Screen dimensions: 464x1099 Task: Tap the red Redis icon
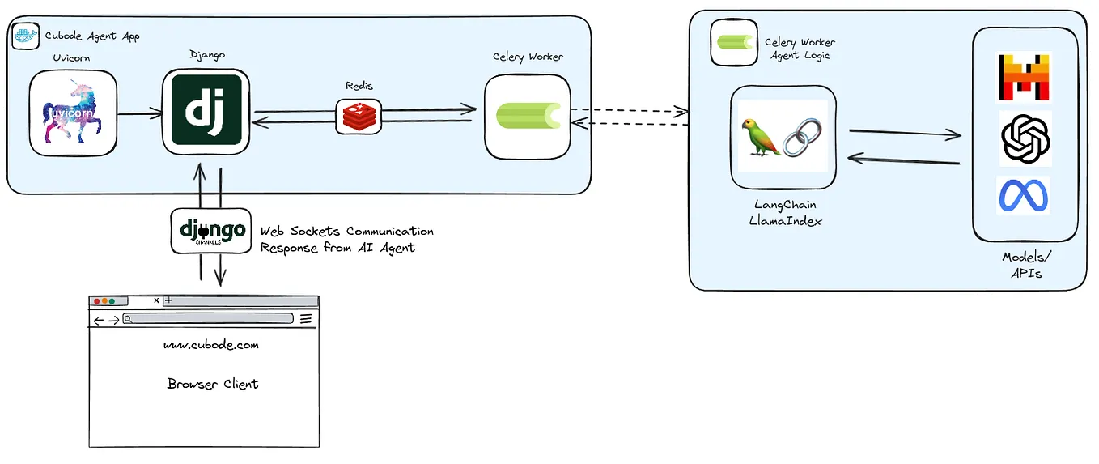(x=359, y=117)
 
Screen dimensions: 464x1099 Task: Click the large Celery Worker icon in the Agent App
(x=528, y=116)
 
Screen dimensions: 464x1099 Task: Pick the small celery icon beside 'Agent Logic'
(x=733, y=43)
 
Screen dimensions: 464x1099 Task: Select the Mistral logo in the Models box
(x=1025, y=78)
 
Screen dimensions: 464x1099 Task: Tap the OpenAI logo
(x=1025, y=138)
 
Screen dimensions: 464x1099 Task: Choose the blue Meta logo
(x=1025, y=196)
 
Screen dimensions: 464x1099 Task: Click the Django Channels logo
(x=212, y=232)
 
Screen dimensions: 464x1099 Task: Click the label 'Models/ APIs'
(x=1025, y=265)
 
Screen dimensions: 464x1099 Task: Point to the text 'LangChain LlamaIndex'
(x=785, y=212)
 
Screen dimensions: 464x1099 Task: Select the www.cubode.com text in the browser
(x=211, y=345)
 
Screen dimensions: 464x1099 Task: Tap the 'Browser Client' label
(x=213, y=384)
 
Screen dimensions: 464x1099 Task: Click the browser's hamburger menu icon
(x=306, y=319)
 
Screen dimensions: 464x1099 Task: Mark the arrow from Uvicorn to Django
(x=139, y=114)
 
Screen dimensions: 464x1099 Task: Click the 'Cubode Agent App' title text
(x=91, y=36)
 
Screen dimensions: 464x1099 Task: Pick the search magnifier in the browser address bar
(x=128, y=319)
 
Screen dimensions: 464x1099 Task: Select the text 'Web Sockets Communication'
(x=346, y=232)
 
